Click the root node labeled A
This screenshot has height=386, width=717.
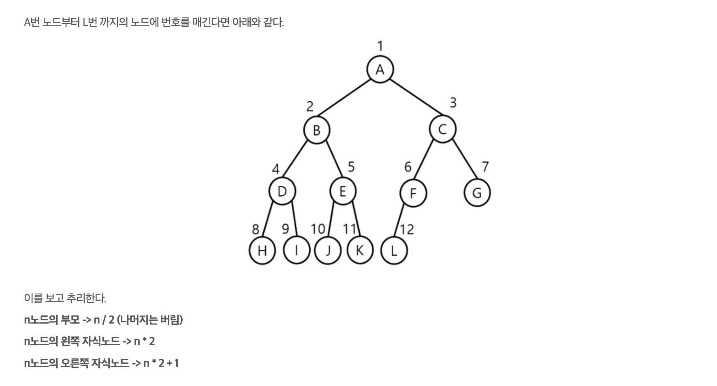click(380, 70)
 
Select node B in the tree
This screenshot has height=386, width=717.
click(317, 130)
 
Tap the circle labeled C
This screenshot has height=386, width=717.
click(442, 129)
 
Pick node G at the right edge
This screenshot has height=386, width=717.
click(477, 193)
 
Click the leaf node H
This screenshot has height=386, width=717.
click(262, 251)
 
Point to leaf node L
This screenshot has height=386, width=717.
click(394, 251)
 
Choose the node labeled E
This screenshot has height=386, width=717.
click(343, 191)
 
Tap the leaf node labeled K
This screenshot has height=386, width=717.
click(360, 251)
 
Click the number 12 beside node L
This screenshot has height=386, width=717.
click(407, 229)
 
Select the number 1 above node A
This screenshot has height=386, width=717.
click(380, 46)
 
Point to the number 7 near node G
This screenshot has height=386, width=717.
click(485, 166)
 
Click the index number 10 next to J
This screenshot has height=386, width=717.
click(318, 229)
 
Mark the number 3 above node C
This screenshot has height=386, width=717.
click(453, 103)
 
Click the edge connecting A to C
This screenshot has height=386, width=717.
click(416, 97)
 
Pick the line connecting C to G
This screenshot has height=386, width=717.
click(465, 159)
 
